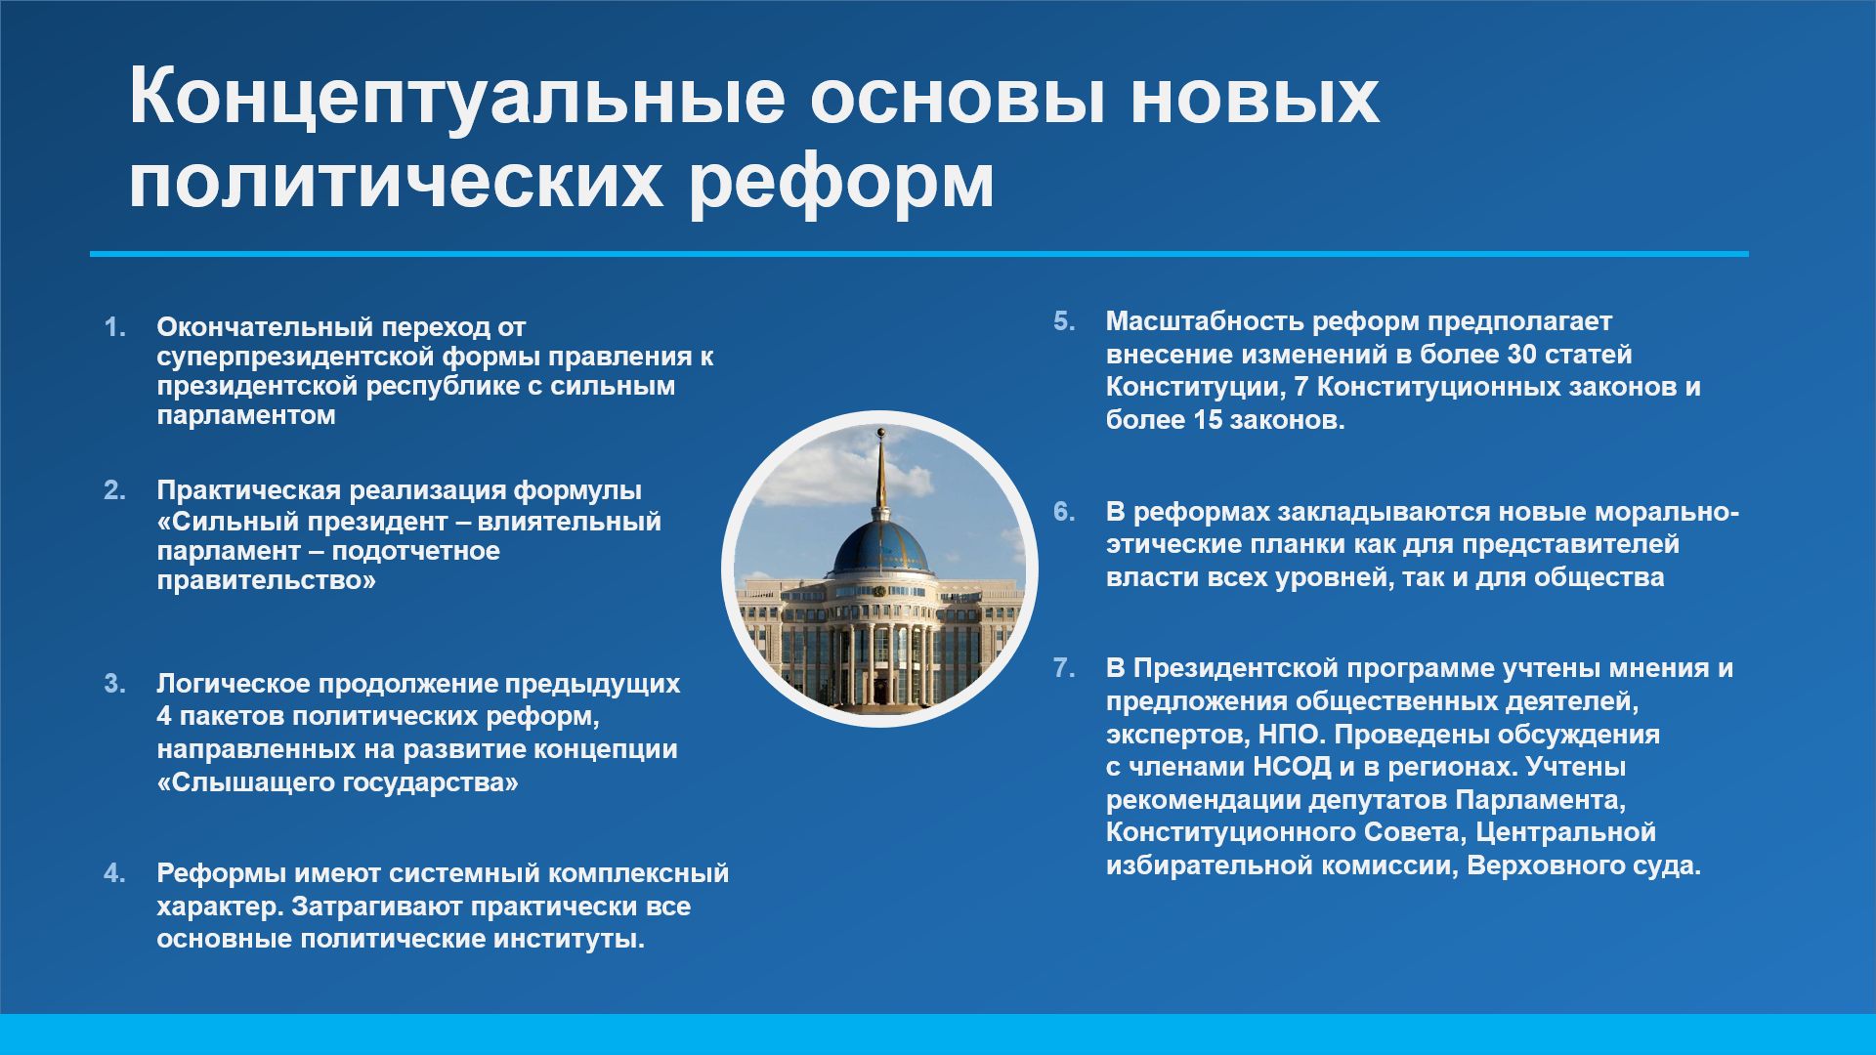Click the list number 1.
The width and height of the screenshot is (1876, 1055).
(x=114, y=327)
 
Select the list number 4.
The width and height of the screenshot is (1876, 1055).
(x=114, y=873)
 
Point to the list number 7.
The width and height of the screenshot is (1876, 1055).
(x=1064, y=668)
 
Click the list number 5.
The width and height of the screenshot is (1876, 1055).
(x=1064, y=321)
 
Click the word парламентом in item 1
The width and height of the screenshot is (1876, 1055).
(x=246, y=415)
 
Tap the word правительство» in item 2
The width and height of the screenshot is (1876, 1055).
(x=266, y=580)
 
